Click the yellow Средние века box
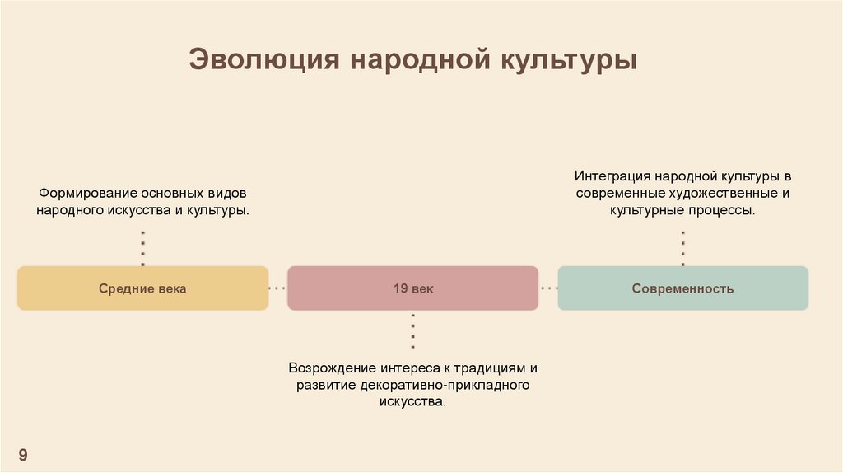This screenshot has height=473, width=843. point(142,288)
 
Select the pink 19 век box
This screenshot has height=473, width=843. point(412,288)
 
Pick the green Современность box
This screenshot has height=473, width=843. point(682,288)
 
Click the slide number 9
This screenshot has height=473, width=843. point(23,455)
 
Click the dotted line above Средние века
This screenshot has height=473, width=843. point(142,248)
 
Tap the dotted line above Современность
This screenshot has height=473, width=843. point(682,248)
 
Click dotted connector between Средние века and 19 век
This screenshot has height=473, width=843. point(277,288)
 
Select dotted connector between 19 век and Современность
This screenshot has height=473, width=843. point(547,288)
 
